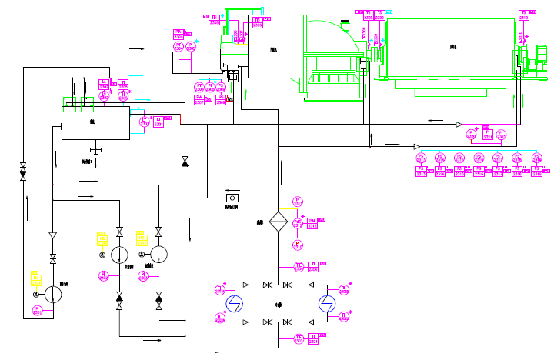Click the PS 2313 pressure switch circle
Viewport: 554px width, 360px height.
click(421, 158)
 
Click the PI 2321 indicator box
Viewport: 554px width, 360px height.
click(487, 132)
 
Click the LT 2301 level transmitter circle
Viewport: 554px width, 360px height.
click(143, 121)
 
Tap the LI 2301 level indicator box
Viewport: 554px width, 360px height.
click(159, 120)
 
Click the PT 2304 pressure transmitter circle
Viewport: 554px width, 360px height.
click(179, 46)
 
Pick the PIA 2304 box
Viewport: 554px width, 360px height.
click(179, 33)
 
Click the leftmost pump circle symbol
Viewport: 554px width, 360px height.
click(53, 294)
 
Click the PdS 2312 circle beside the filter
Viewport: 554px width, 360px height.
click(297, 224)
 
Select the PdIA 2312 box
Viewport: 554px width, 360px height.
click(312, 223)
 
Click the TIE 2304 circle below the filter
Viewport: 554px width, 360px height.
click(299, 267)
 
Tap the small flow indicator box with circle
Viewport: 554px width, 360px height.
click(230, 198)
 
